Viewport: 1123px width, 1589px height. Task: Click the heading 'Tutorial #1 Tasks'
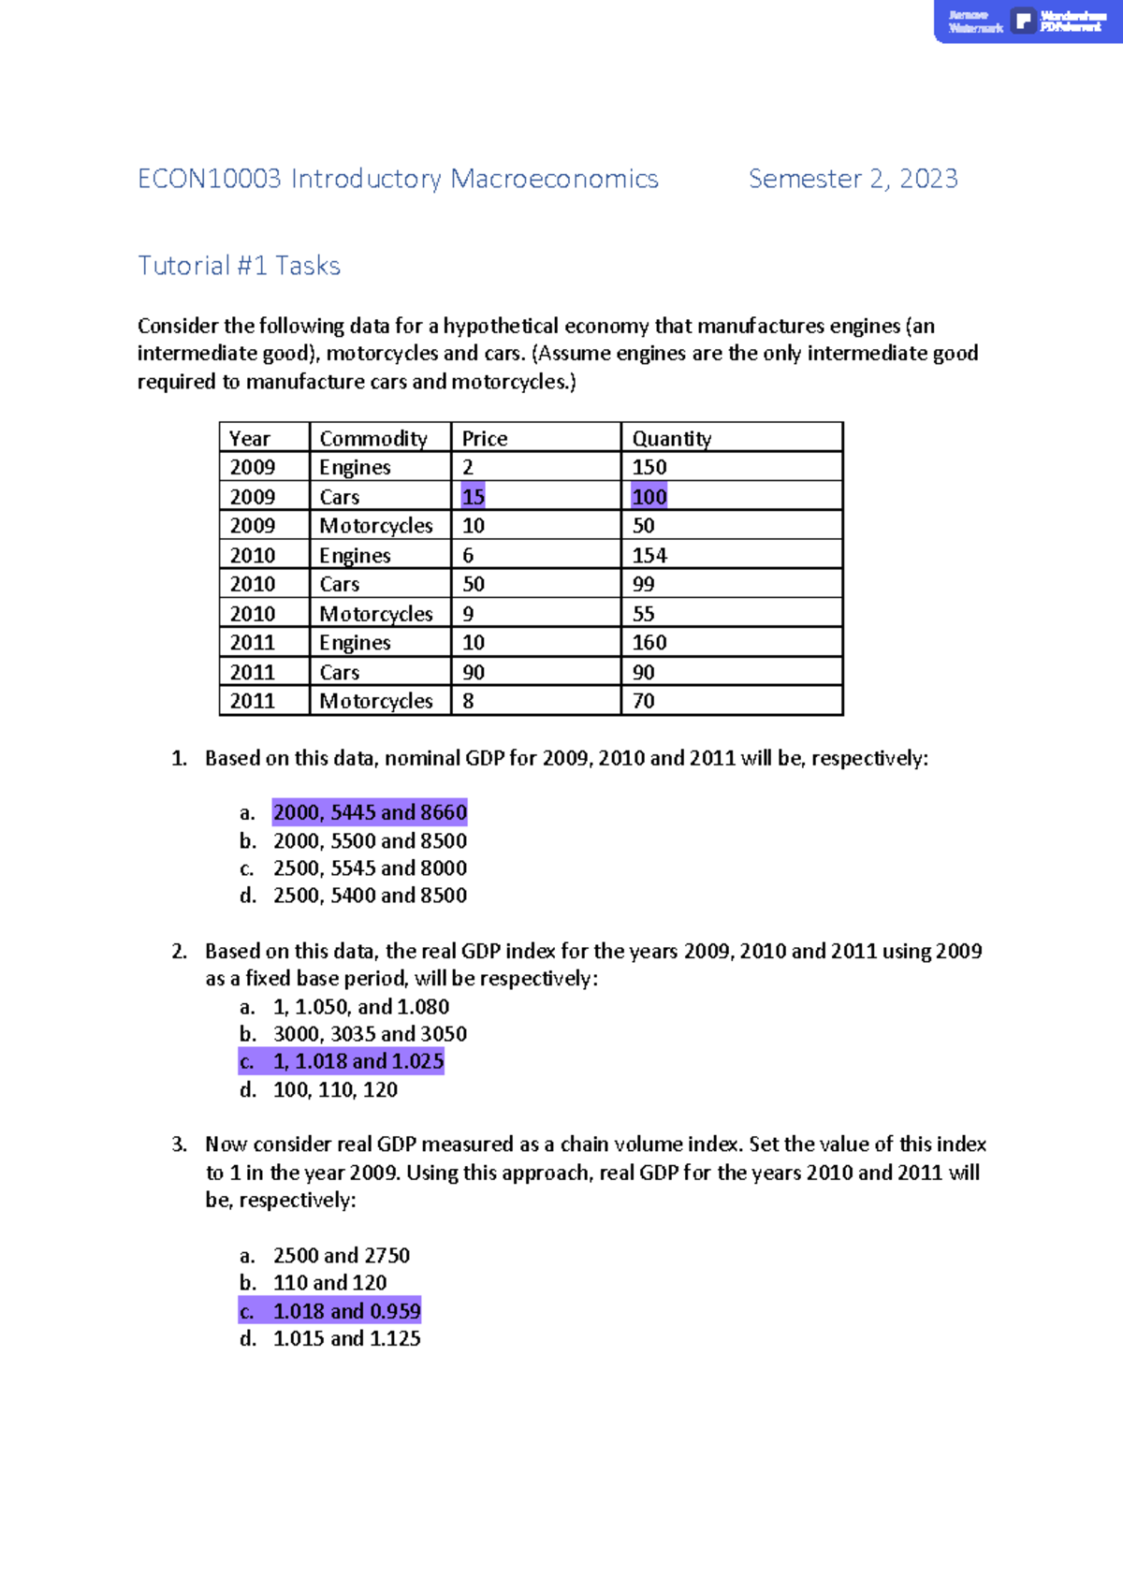tap(239, 266)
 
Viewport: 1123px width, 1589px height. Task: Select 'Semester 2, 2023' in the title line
tap(853, 179)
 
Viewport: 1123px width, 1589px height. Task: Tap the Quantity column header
tap(671, 438)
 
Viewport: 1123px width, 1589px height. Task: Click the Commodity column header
tap(372, 438)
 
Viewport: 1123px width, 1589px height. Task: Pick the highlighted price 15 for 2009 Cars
tap(473, 497)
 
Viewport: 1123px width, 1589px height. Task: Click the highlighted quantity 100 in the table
tap(649, 497)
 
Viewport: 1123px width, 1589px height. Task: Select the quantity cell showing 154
tap(649, 555)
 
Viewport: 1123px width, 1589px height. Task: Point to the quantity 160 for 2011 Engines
tap(649, 642)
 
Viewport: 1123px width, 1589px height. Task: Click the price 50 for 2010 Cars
tap(473, 584)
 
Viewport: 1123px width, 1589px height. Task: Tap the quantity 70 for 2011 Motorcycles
tap(643, 701)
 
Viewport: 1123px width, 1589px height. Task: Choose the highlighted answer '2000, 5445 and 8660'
tap(370, 812)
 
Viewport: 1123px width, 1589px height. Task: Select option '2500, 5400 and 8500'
tap(370, 896)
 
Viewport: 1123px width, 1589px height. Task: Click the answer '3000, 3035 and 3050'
tap(370, 1034)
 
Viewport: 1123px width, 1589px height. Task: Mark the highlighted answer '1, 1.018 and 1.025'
tap(357, 1061)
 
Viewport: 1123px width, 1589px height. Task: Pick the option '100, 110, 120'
tap(335, 1089)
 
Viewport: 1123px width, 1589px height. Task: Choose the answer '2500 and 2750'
tap(341, 1255)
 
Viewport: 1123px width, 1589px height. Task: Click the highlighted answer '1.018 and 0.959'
tap(346, 1311)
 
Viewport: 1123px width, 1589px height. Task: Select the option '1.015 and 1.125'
tap(346, 1338)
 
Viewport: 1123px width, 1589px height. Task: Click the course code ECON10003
tap(209, 179)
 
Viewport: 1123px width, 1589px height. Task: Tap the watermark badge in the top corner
tap(1027, 21)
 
